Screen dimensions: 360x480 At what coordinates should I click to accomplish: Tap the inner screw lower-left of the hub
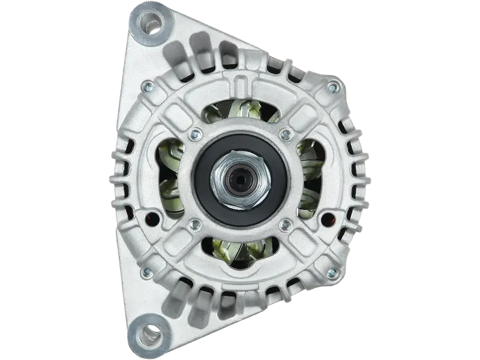tap(194, 225)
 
